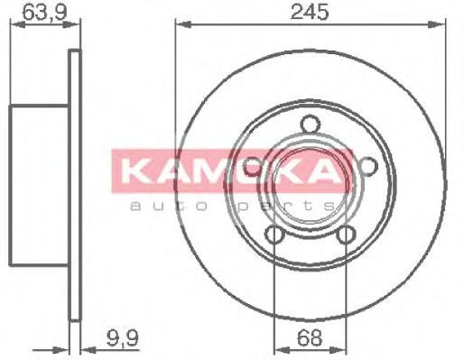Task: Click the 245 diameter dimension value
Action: [310, 13]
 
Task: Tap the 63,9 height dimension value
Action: [44, 13]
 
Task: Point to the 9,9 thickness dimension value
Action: [123, 337]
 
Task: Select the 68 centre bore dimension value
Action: [310, 337]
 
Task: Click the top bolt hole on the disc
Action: [311, 124]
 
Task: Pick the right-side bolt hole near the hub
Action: [368, 166]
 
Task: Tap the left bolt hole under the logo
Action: [252, 167]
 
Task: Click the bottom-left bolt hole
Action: [274, 234]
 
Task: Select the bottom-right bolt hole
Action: [346, 234]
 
